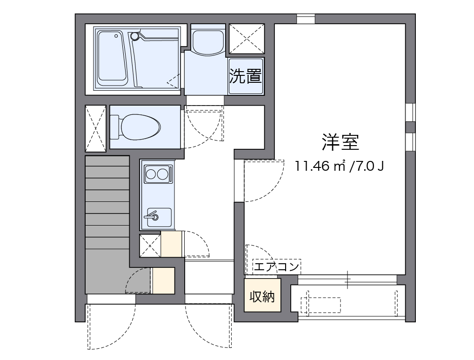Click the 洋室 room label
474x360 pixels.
[x=340, y=142]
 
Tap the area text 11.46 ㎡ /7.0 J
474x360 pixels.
[x=339, y=166]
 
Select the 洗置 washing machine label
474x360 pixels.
[x=246, y=76]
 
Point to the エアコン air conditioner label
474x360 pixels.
[x=276, y=267]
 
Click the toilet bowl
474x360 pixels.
[x=140, y=126]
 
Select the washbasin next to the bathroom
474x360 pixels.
[x=208, y=41]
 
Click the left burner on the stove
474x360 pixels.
[x=151, y=175]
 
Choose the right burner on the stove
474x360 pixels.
[x=162, y=175]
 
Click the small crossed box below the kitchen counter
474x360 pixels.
[x=150, y=246]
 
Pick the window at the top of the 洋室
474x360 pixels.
[x=306, y=19]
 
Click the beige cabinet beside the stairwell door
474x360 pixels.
[x=163, y=280]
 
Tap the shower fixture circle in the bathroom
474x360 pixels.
[x=135, y=35]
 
